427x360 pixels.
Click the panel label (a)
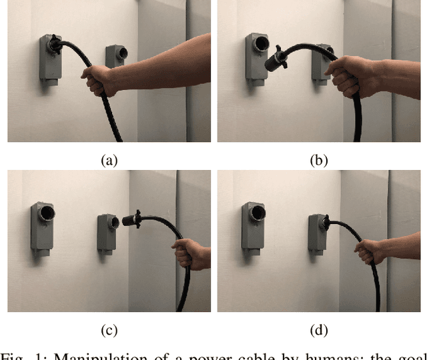(108, 160)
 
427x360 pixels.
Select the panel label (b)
(318, 160)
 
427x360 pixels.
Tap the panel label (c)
(108, 330)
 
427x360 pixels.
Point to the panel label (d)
(318, 330)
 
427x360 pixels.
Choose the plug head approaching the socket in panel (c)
(130, 221)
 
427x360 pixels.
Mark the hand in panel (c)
(189, 255)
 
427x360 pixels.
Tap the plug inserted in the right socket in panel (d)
(321, 223)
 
